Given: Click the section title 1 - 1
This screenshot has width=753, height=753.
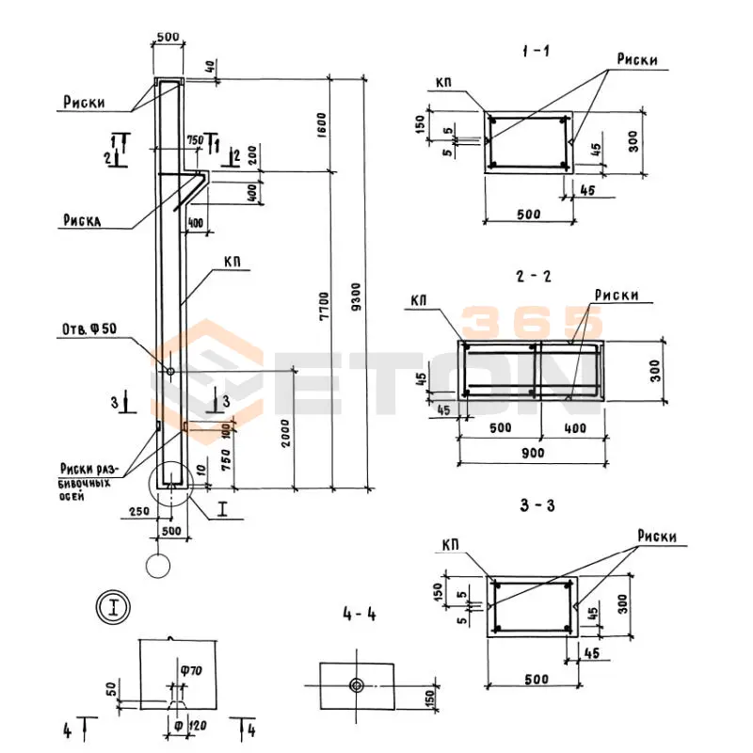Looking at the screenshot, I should click(535, 51).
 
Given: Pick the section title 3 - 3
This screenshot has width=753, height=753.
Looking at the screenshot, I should click(535, 505).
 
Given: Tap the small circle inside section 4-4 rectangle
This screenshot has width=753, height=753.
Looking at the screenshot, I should click(357, 684).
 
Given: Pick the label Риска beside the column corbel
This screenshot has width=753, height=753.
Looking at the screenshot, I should click(83, 221).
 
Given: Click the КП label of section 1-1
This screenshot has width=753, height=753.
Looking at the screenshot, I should click(444, 83).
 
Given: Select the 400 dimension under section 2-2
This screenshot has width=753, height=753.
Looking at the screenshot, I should click(574, 428).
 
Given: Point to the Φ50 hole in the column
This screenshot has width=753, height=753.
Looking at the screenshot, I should click(170, 372).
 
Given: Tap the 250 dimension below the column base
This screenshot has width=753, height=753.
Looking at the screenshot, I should click(138, 510).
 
